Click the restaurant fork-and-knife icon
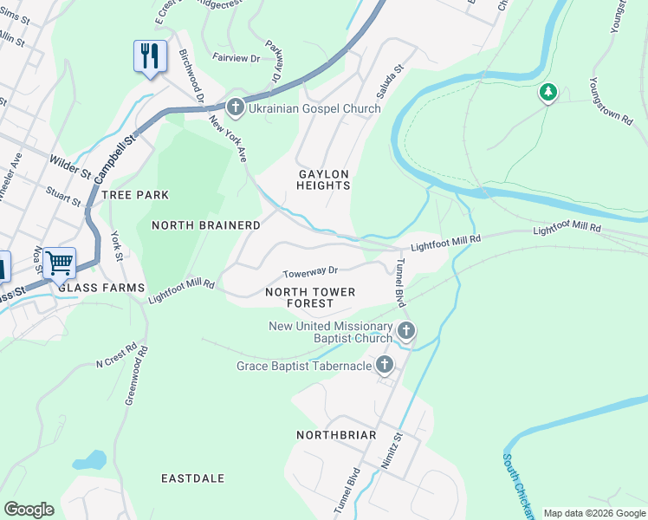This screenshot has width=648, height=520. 150,56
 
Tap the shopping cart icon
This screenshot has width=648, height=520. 59,262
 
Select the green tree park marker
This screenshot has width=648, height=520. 548,91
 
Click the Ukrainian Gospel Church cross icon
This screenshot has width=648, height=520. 235,108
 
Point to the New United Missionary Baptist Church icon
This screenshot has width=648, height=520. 406,330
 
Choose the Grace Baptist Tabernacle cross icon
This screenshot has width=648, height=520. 384,366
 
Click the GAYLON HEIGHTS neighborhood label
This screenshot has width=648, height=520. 324,179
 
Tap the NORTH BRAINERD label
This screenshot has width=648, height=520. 206,225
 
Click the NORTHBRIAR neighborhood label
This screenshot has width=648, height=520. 336,434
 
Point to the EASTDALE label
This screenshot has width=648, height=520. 193,478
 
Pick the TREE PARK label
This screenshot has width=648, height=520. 135,195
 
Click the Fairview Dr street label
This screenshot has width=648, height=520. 236,58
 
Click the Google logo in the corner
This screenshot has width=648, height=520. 29,510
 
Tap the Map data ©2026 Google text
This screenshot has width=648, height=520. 593,513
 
